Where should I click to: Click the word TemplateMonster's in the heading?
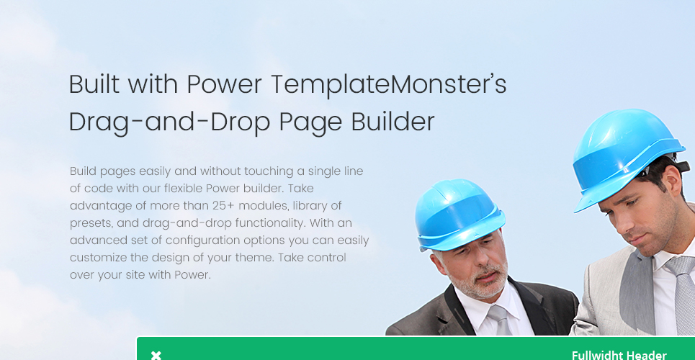[388, 84]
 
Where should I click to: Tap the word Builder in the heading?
[393, 122]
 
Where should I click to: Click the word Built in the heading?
[94, 84]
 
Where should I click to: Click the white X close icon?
[156, 355]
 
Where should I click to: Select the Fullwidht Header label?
[619, 355]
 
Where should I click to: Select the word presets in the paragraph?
[91, 223]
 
